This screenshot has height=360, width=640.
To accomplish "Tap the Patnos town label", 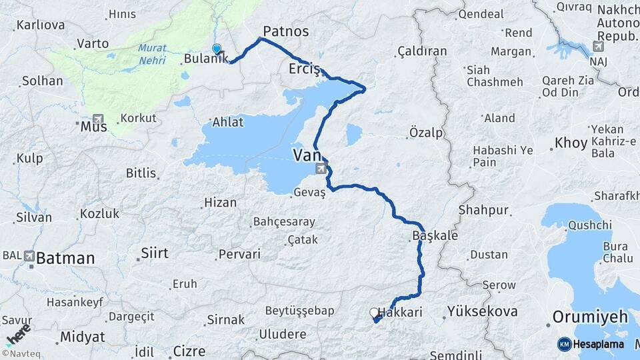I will pyautogui.click(x=285, y=31).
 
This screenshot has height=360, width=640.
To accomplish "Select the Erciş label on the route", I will pyautogui.click(x=305, y=69).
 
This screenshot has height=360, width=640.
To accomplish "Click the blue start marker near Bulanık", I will pyautogui.click(x=217, y=49).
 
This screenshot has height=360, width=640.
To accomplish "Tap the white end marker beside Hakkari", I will pyautogui.click(x=374, y=312).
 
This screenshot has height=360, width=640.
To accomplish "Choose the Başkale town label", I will pyautogui.click(x=435, y=236).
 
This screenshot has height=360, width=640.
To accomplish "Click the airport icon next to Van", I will pyautogui.click(x=321, y=168).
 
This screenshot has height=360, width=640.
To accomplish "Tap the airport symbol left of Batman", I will pyautogui.click(x=29, y=255).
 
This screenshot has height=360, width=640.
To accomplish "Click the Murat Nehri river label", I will pyautogui.click(x=153, y=54).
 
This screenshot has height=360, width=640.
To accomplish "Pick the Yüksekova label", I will pyautogui.click(x=482, y=311).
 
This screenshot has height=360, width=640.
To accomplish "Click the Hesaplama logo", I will pyautogui.click(x=591, y=344).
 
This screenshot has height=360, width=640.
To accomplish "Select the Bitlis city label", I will pyautogui.click(x=141, y=173).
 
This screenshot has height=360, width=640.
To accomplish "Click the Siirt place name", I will pyautogui.click(x=154, y=253).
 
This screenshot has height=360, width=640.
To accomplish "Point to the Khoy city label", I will pyautogui.click(x=571, y=143).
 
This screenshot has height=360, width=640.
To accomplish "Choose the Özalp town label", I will pyautogui.click(x=426, y=133).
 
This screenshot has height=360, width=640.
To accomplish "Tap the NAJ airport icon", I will pyautogui.click(x=599, y=47).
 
